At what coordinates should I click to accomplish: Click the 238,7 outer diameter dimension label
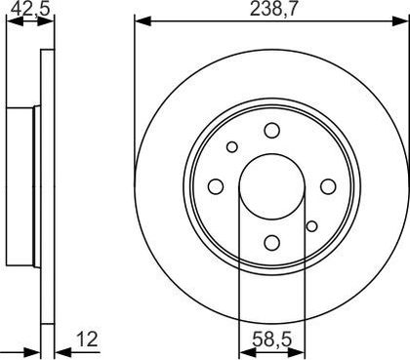(273, 9)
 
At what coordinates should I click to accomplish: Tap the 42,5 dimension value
(30, 9)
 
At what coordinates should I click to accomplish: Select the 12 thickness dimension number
(87, 339)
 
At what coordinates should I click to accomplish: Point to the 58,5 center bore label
(272, 340)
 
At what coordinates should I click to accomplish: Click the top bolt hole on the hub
(272, 130)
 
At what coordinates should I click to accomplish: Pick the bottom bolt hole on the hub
(272, 242)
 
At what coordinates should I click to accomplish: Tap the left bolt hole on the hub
(216, 186)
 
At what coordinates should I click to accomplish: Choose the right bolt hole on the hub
(328, 186)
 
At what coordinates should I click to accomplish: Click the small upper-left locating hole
(232, 147)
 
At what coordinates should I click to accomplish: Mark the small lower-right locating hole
(311, 226)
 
